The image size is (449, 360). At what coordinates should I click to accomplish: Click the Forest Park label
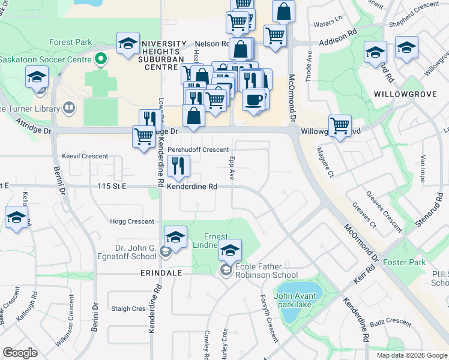point(71,43)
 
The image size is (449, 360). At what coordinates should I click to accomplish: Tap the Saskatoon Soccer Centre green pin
point(100,60)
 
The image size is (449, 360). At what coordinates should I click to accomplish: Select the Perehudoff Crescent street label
point(198,149)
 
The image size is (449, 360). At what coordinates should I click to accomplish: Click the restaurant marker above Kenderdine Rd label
point(178,166)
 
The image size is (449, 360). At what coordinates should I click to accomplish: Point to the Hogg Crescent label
point(132,221)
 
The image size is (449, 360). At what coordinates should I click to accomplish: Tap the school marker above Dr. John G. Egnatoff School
point(175,238)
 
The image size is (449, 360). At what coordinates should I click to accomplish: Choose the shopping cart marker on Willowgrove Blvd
point(340,126)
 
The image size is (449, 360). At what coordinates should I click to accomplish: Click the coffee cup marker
point(255,99)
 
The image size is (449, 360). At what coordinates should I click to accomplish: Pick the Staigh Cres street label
point(128,309)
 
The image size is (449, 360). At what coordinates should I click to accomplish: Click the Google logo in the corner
point(20,353)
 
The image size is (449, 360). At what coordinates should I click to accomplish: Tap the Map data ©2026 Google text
point(412,355)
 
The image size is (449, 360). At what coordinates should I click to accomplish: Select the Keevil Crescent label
point(80,156)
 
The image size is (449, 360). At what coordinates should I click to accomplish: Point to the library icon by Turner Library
point(70,109)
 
